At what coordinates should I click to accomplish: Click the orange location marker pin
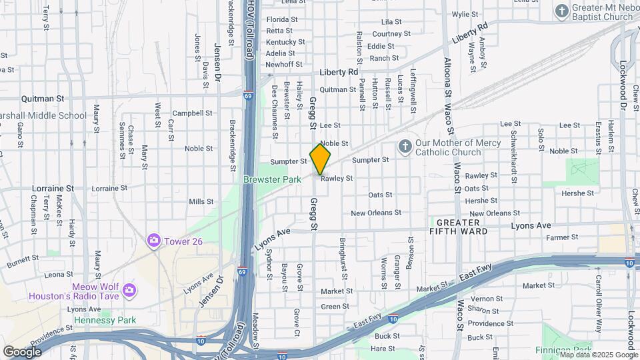pos(321,159)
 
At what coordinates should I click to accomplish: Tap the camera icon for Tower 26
pos(155,240)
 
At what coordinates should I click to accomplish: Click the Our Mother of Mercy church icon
pos(404,147)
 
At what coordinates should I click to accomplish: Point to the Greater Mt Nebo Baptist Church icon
pos(562,11)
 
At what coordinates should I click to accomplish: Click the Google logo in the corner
pos(22,351)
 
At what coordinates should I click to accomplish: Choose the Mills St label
pos(200,201)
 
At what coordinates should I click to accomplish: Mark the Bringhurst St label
pos(343,257)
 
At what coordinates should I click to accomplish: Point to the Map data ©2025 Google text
pos(598,355)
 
